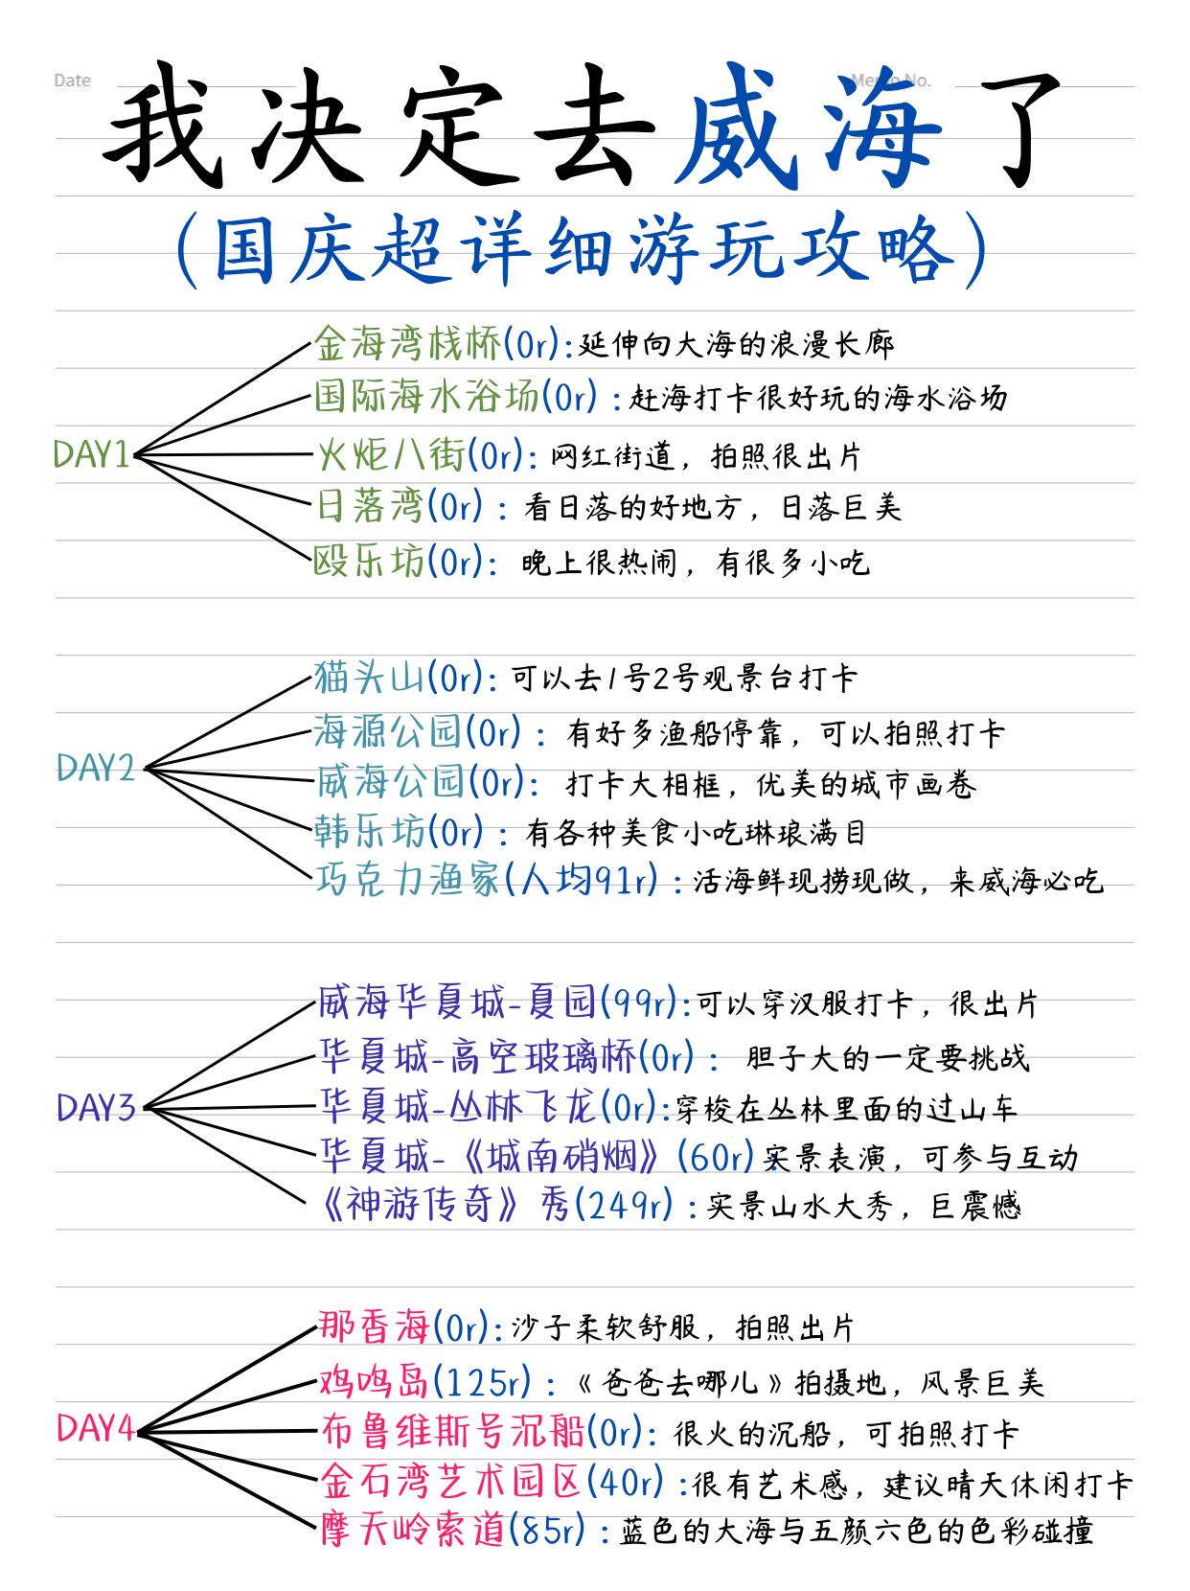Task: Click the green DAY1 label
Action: (91, 454)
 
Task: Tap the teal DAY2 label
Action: (96, 768)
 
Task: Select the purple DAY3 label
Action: (96, 1108)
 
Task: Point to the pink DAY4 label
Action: (95, 1429)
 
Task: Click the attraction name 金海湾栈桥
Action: (407, 344)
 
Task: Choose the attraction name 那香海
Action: (373, 1327)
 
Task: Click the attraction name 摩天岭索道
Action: (411, 1530)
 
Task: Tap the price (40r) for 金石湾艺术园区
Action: (624, 1483)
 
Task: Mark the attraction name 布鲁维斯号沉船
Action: (450, 1433)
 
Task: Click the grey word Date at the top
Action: (73, 81)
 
